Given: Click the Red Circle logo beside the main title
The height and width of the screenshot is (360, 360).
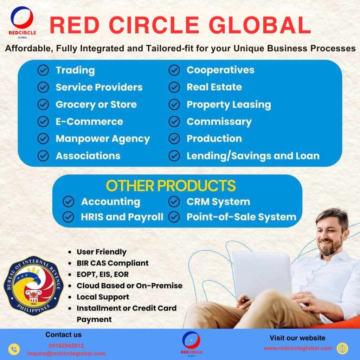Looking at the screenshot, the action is (22, 22).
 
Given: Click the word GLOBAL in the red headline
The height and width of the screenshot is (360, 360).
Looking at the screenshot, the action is (260, 25).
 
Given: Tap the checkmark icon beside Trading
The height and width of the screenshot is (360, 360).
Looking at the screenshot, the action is (43, 70).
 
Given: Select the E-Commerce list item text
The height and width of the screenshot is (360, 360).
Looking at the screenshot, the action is (89, 121).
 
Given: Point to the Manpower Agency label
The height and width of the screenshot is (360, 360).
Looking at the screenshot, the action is (103, 139).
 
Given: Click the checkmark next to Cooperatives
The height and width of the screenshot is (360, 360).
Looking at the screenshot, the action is (174, 70).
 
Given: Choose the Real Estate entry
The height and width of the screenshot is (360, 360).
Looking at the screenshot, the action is (214, 87).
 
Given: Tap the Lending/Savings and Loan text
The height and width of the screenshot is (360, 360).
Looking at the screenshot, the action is (253, 156).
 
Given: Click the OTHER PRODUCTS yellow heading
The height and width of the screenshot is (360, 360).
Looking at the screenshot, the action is (171, 186).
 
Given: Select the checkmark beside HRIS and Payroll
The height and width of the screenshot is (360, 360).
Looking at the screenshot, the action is (69, 217).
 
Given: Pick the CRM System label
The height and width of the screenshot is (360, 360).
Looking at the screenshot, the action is (218, 202).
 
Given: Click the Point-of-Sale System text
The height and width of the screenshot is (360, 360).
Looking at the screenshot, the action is (241, 217).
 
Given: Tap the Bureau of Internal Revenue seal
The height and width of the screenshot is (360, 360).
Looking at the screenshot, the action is (33, 285).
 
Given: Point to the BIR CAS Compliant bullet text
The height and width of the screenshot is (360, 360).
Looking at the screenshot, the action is (112, 263).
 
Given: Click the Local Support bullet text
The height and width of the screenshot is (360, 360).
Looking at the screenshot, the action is (103, 297).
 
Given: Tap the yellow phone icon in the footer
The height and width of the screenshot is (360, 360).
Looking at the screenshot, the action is (14, 349).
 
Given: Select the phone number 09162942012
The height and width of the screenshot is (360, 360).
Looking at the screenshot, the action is (66, 346).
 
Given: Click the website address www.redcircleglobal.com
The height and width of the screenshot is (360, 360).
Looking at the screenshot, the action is (298, 348).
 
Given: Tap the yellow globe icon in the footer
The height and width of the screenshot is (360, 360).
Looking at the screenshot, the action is (342, 348).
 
